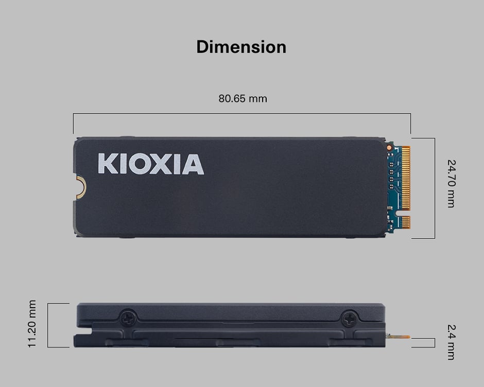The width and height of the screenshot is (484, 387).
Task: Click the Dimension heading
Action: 241,47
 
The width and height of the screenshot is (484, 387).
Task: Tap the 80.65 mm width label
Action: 243,98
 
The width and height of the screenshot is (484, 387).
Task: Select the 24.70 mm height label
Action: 451,183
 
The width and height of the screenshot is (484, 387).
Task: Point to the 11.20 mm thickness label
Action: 32,324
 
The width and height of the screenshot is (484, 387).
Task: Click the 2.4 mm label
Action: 451,342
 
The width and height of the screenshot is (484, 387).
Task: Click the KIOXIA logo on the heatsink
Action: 150,164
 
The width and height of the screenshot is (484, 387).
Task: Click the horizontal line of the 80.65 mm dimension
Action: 242,114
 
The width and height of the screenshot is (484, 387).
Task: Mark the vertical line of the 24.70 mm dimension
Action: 435,188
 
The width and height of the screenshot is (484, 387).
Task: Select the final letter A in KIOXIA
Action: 193,164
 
